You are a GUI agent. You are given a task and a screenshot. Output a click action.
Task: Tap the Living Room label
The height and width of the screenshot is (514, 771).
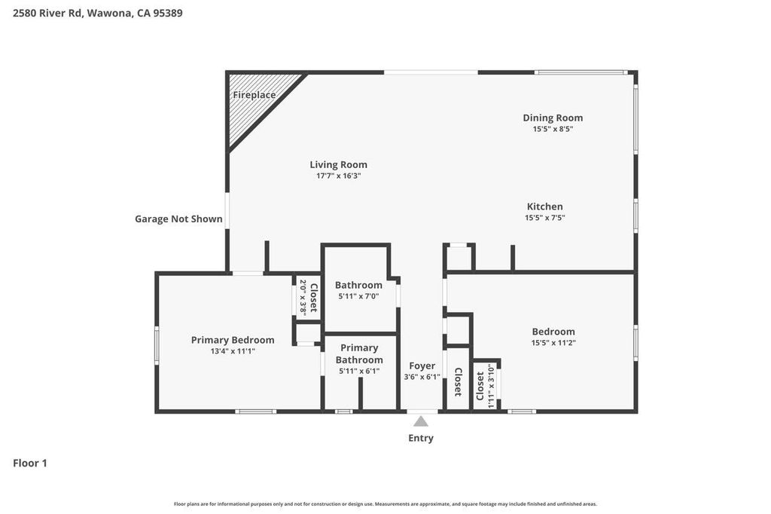pyautogui.click(x=338, y=164)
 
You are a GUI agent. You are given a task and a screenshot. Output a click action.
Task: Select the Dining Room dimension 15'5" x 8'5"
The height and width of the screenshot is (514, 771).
pyautogui.click(x=553, y=129)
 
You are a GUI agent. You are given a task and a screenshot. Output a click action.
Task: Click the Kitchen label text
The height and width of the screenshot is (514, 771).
pyautogui.click(x=544, y=207)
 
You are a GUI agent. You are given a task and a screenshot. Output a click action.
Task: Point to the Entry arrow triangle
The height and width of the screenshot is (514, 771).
pyautogui.click(x=421, y=421)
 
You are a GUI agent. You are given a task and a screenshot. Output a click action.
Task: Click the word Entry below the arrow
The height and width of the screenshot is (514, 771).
pyautogui.click(x=421, y=438)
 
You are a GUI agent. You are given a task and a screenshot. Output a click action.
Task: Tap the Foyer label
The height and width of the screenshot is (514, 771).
pyautogui.click(x=422, y=366)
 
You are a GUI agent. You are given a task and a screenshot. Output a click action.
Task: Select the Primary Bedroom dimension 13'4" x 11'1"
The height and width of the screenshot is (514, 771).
pyautogui.click(x=233, y=351)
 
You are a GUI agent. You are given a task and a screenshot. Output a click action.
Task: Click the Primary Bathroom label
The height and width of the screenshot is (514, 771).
pyautogui.click(x=359, y=353)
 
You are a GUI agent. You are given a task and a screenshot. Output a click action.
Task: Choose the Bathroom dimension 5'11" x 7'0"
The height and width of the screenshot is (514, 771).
pyautogui.click(x=358, y=296)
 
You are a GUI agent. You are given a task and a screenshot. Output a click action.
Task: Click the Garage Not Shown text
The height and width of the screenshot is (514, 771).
pyautogui.click(x=178, y=219)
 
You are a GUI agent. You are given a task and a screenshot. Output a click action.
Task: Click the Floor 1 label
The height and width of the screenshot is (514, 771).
pyautogui.click(x=30, y=463)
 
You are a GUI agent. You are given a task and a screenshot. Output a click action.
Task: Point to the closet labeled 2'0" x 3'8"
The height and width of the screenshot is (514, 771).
pyautogui.click(x=308, y=297)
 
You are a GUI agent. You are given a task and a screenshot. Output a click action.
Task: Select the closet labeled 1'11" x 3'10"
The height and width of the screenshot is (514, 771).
pyautogui.click(x=485, y=386)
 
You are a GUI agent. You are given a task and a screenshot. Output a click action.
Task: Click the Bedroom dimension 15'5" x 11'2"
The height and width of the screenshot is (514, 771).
pyautogui.click(x=553, y=343)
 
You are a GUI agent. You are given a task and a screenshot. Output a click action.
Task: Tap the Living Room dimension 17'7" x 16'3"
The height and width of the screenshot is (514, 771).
pyautogui.click(x=338, y=176)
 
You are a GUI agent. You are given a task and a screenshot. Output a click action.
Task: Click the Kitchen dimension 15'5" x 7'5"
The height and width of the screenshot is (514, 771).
pyautogui.click(x=544, y=218)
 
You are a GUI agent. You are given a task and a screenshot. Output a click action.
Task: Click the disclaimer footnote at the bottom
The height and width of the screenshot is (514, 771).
pyautogui.click(x=385, y=504)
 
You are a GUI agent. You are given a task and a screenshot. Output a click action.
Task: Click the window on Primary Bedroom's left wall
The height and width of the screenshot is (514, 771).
pyautogui.click(x=157, y=344)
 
